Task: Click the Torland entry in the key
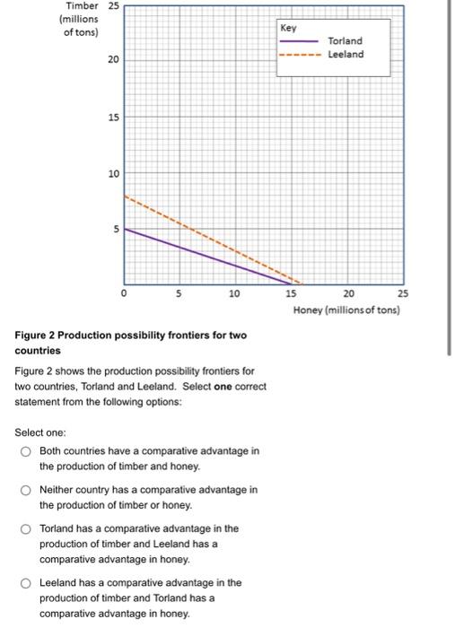click(x=346, y=41)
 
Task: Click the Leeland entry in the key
click(x=346, y=54)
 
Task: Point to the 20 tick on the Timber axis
click(x=113, y=60)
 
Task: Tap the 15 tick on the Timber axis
click(x=113, y=118)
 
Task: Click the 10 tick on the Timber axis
click(x=113, y=173)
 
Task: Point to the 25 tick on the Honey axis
click(x=403, y=293)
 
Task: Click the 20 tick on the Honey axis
click(x=348, y=293)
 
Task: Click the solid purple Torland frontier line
click(x=206, y=257)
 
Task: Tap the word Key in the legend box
click(x=288, y=29)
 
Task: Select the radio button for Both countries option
click(x=27, y=451)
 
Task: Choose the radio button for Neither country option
click(x=27, y=490)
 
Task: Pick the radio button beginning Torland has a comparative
click(x=27, y=529)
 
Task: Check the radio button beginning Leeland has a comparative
click(x=27, y=583)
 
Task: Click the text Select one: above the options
click(x=45, y=432)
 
